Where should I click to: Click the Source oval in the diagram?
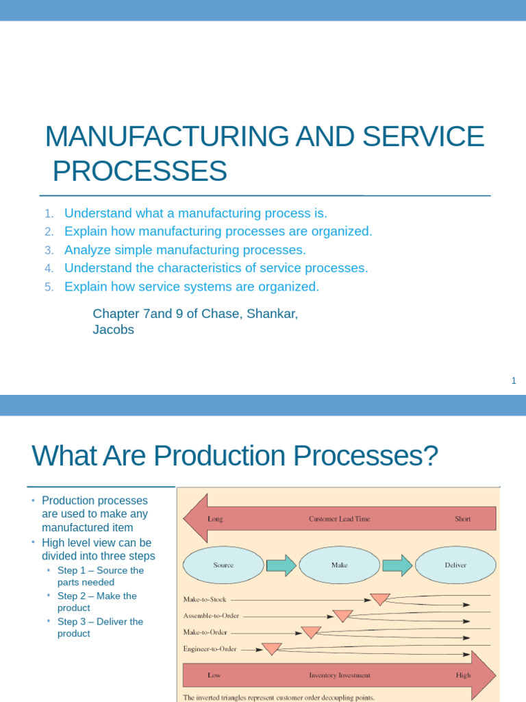223,565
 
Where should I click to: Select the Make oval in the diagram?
339,565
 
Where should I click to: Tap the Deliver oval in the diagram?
455,565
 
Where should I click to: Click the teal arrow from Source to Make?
281,565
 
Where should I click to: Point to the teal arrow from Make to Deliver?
397,565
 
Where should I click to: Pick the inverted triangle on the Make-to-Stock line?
380,599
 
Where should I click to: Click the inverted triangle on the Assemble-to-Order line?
342,616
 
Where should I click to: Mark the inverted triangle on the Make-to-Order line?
311,632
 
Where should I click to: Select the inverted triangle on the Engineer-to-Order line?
272,649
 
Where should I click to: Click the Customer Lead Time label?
339,519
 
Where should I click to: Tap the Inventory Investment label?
339,675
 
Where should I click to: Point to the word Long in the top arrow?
215,519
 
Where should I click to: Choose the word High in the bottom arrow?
463,675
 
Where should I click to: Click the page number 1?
513,381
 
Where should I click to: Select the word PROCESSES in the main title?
140,171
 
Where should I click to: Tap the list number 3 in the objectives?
49,250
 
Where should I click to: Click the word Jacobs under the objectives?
113,330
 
